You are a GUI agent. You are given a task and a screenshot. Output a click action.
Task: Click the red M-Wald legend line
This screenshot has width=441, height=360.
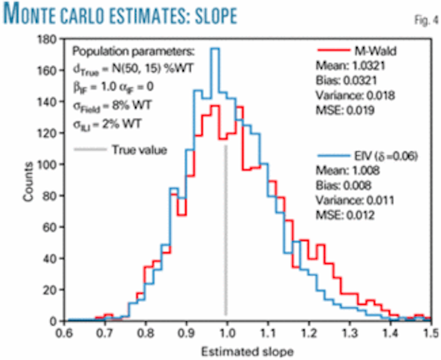point(334,50)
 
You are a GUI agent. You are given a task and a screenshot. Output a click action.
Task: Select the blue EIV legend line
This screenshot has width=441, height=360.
point(334,159)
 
